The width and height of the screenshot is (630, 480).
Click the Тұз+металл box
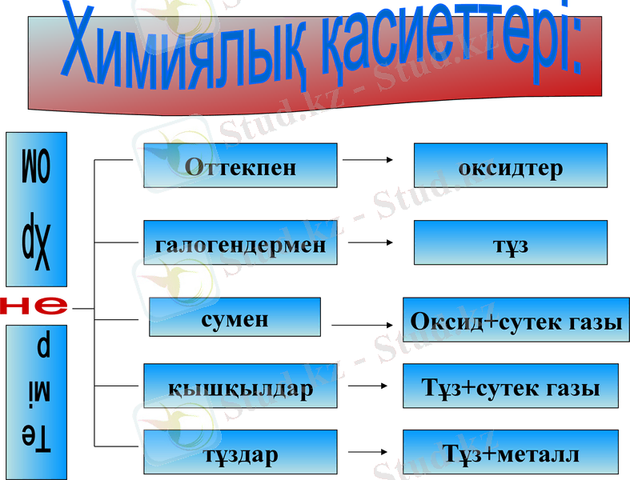tap(510, 452)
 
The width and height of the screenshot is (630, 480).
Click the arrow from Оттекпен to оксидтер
tap(367, 160)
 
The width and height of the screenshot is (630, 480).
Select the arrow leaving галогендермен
tap(371, 242)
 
